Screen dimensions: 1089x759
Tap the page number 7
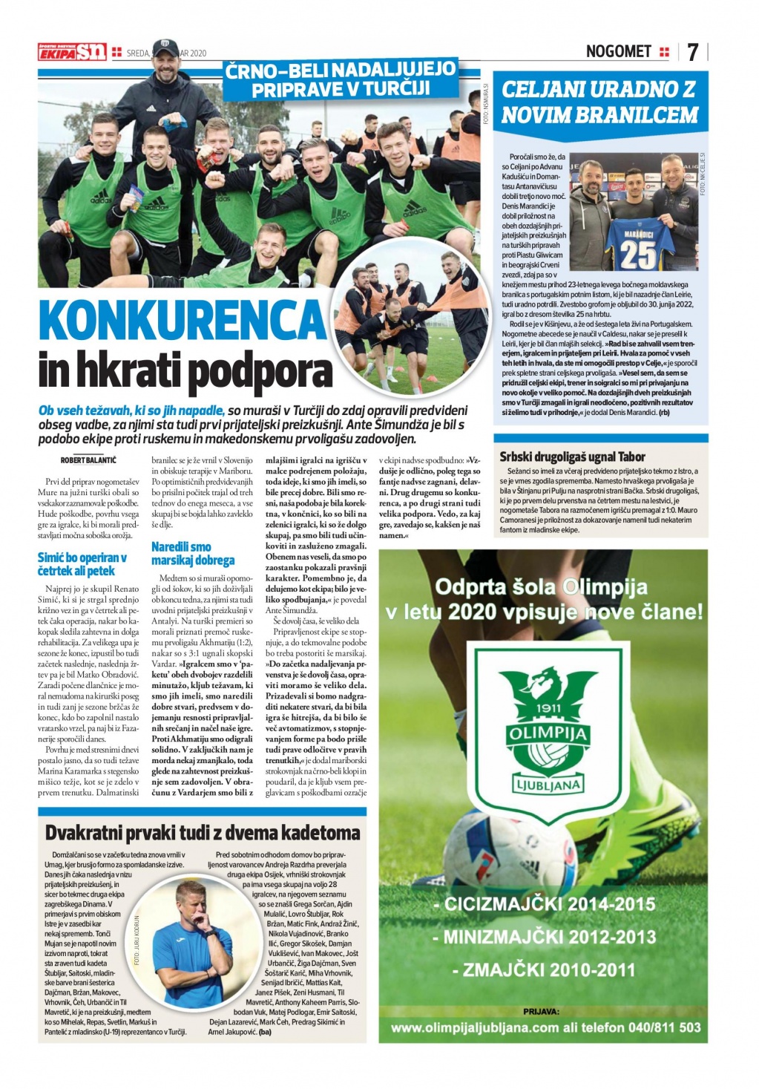coord(692,52)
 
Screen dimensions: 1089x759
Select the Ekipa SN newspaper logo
coord(72,52)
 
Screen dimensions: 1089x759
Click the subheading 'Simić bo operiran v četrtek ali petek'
coord(82,563)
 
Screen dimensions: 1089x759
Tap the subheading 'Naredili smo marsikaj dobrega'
coord(192,553)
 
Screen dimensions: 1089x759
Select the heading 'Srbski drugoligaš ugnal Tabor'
coord(572,457)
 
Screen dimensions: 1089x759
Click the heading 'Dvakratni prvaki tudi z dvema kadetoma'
coord(203,833)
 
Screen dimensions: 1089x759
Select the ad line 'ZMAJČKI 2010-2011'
coord(545,969)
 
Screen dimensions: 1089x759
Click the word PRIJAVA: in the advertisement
coord(541,1011)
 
